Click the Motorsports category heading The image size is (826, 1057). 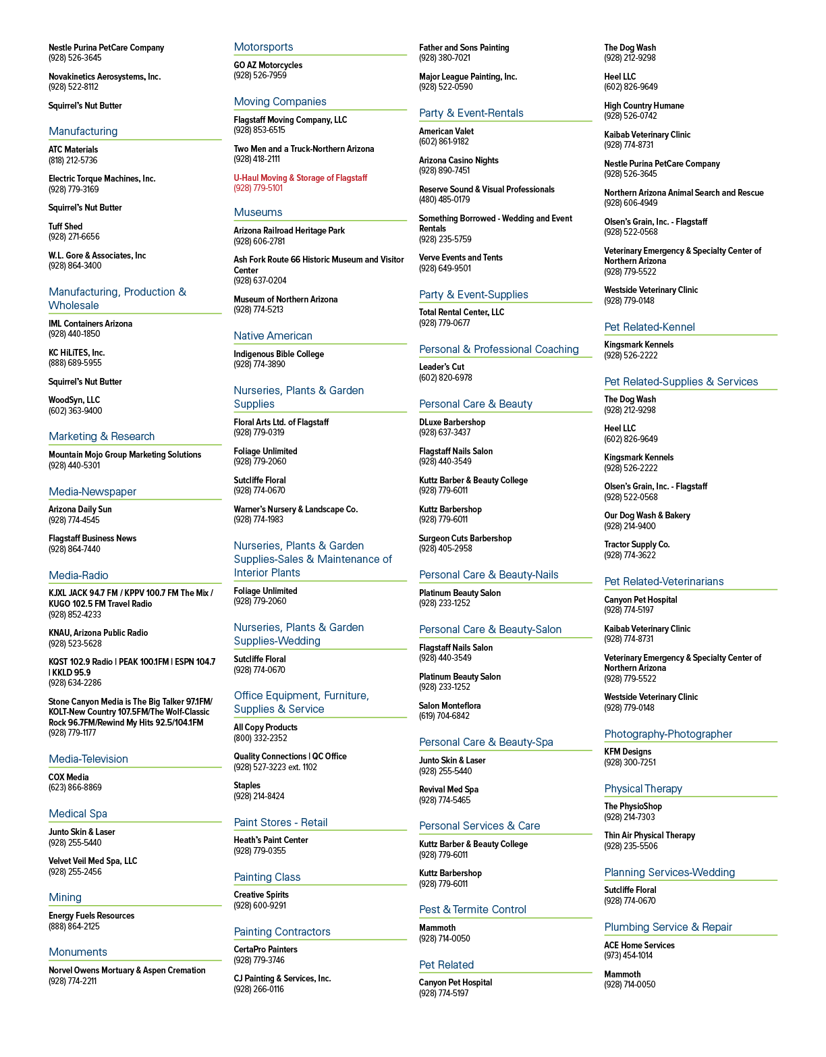(x=263, y=47)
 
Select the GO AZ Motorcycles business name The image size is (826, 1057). (x=268, y=65)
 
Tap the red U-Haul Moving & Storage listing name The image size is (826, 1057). (x=300, y=178)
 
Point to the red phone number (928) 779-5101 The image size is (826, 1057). (x=258, y=188)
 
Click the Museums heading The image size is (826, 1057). (x=258, y=213)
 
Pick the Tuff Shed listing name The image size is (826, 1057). (x=65, y=227)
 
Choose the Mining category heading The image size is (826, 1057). (x=65, y=898)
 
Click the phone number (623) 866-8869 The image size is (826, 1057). (x=75, y=788)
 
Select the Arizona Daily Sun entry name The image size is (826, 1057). (x=80, y=510)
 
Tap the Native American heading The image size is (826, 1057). (x=273, y=335)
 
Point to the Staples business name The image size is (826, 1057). (x=247, y=786)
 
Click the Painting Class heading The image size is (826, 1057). (x=267, y=877)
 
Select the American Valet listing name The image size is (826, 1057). (x=446, y=132)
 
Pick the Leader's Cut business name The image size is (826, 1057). (x=441, y=367)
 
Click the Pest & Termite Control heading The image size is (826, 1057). (x=472, y=910)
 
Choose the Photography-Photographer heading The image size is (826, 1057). (x=668, y=734)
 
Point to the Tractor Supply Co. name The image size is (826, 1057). (x=637, y=545)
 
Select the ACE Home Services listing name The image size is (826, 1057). (x=639, y=946)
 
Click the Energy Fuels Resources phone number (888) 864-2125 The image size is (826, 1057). (x=74, y=926)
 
